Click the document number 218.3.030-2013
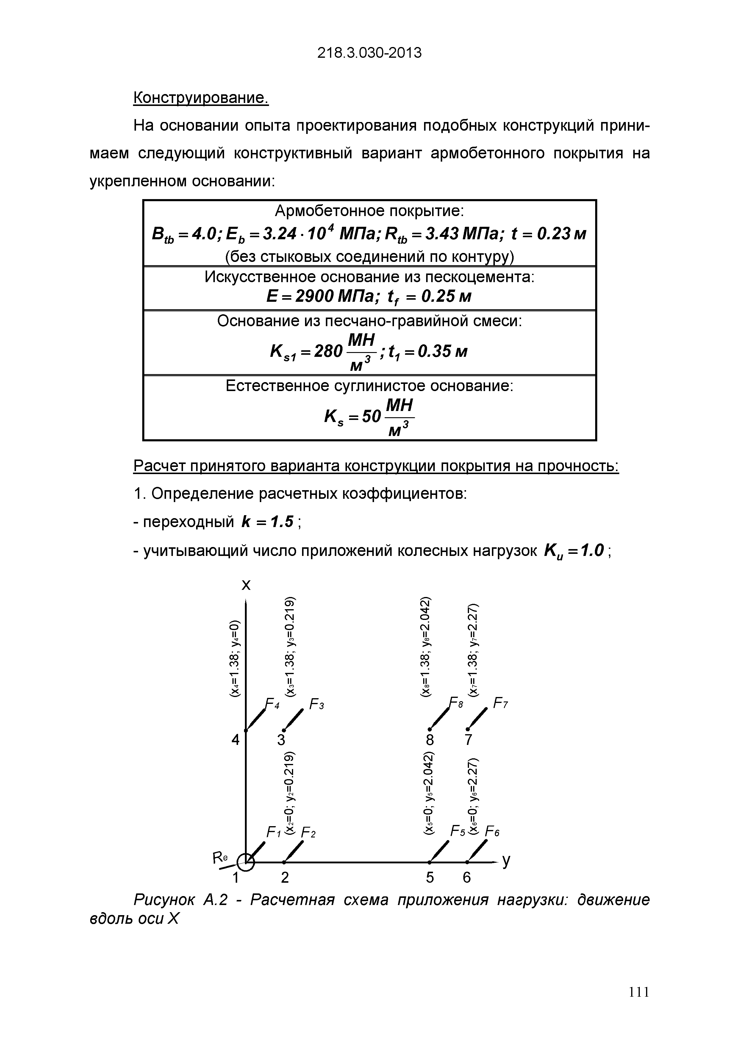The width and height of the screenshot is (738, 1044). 369,54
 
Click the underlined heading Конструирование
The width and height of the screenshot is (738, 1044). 201,97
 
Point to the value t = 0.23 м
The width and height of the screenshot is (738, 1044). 549,234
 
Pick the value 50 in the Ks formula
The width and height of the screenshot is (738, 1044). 371,416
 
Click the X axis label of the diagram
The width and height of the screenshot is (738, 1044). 246,585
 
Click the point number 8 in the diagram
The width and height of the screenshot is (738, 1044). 430,740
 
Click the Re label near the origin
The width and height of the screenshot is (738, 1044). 220,858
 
